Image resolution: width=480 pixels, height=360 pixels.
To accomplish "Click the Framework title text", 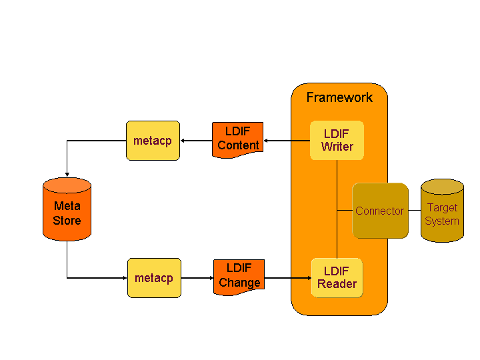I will [x=339, y=97].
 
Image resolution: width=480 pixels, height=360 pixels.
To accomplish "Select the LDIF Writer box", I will [x=337, y=140].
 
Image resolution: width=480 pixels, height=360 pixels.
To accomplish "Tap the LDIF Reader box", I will [x=337, y=277].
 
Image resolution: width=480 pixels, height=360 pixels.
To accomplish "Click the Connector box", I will [x=380, y=211].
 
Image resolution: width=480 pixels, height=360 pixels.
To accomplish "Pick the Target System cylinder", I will [x=442, y=211].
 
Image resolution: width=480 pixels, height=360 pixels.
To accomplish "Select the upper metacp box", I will [x=153, y=141].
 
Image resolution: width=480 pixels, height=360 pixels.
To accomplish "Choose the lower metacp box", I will [x=153, y=278].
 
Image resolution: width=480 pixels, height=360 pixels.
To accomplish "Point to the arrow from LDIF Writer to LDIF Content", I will [x=287, y=141].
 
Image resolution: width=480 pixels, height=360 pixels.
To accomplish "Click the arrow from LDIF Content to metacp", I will [x=196, y=141].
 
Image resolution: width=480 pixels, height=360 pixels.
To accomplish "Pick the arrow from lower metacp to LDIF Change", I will [x=197, y=278].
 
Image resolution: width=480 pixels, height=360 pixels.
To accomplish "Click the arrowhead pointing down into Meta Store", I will [x=67, y=174].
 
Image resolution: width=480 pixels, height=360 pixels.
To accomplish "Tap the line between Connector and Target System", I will [x=414, y=211].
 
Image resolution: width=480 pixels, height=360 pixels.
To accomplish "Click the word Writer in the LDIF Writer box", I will [x=337, y=147].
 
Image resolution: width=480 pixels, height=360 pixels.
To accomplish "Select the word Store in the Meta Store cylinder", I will [x=67, y=221].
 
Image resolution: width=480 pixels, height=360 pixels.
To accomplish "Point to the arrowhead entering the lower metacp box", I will [x=123, y=278].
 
